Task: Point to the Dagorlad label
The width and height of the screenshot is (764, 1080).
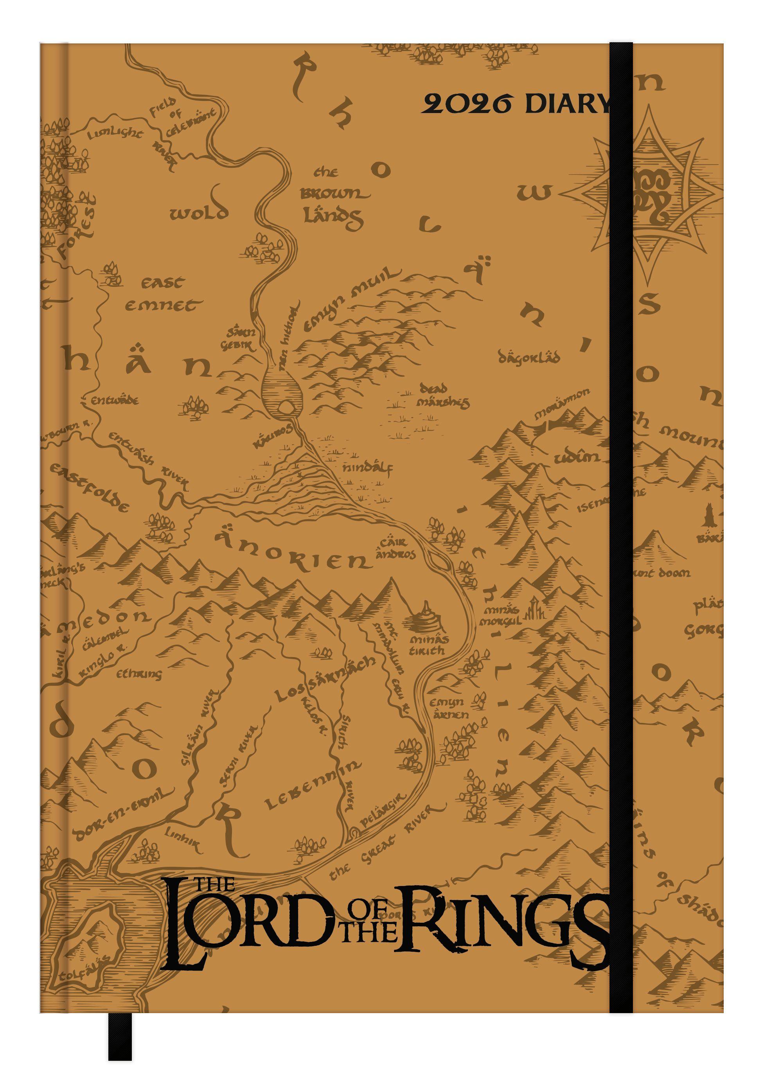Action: [529, 358]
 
